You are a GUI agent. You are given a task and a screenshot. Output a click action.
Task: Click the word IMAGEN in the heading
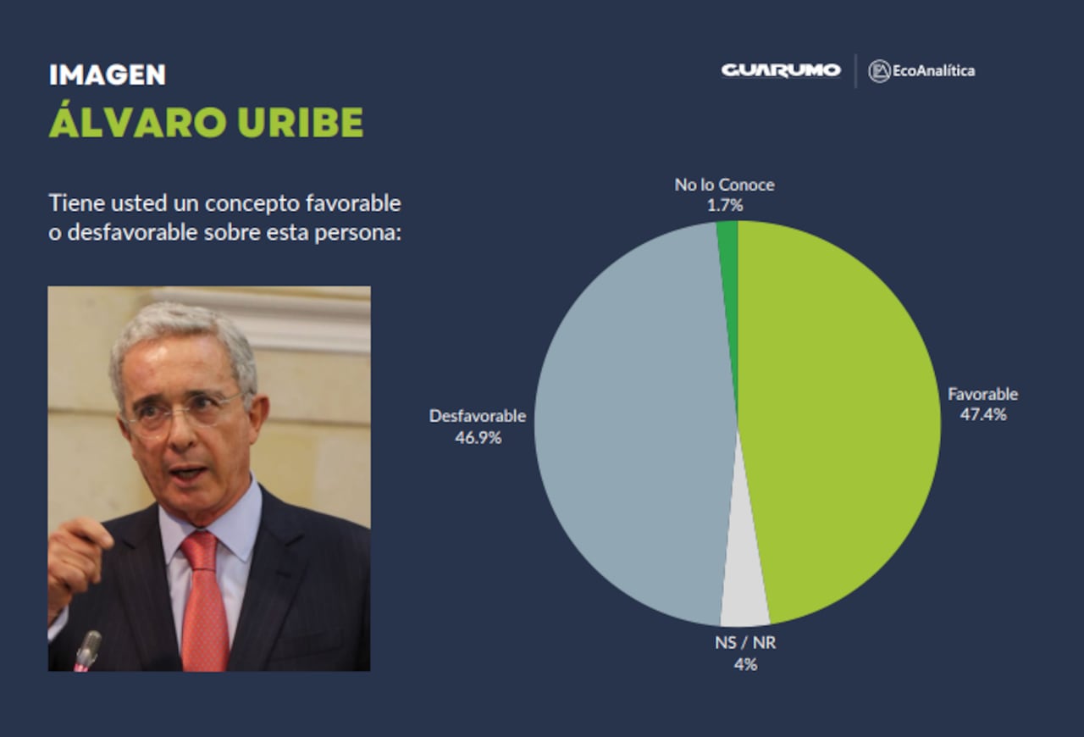[x=107, y=75]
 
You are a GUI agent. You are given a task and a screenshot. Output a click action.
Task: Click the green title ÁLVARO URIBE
[x=206, y=124]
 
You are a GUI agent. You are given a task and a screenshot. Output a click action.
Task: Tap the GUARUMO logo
[x=780, y=70]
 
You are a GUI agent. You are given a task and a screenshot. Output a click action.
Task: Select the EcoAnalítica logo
[x=922, y=71]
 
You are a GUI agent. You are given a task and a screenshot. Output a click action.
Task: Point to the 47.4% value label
[x=982, y=415]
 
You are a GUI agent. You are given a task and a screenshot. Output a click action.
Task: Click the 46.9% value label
[x=478, y=438]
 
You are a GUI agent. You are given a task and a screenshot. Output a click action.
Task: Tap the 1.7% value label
[x=724, y=205]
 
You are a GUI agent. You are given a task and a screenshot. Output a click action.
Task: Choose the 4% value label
[x=745, y=665]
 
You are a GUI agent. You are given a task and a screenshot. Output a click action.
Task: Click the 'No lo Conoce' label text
[x=724, y=185]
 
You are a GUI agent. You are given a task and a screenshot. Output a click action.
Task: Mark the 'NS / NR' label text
[x=745, y=643]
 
